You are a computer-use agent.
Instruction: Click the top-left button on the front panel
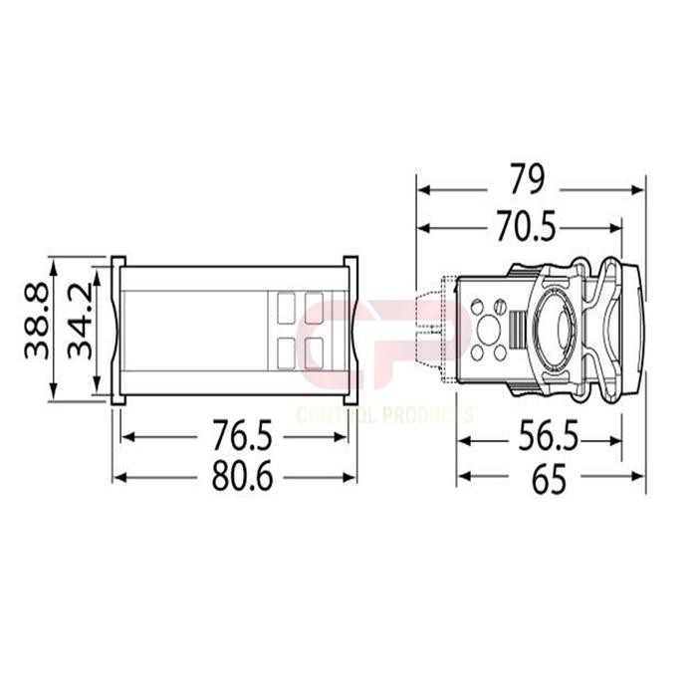(x=287, y=304)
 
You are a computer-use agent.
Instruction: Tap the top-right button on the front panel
(x=317, y=304)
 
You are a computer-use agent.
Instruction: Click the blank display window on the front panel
(x=194, y=329)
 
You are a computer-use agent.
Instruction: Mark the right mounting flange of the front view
(x=351, y=329)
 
